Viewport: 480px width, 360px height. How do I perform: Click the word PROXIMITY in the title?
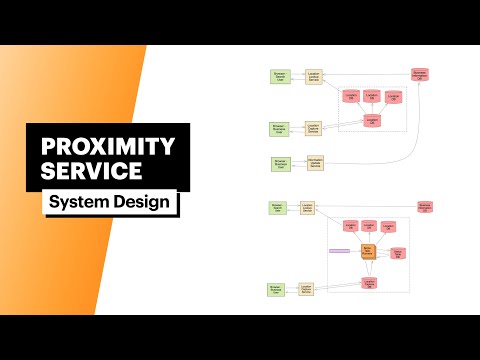pyautogui.click(x=107, y=146)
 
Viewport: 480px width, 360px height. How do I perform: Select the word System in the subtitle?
pyautogui.click(x=79, y=202)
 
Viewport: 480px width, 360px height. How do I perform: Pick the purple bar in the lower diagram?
pyautogui.click(x=338, y=250)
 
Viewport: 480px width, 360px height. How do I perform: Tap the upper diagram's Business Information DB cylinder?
pyautogui.click(x=420, y=75)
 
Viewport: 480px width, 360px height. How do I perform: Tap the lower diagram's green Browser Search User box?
pyautogui.click(x=278, y=209)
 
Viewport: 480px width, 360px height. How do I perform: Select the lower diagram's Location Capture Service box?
pyautogui.click(x=309, y=289)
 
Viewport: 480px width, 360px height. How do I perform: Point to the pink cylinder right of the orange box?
pyautogui.click(x=397, y=254)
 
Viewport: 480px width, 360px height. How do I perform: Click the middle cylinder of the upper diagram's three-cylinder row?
pyautogui.click(x=371, y=96)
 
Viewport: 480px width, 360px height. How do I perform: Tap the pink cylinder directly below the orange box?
pyautogui.click(x=369, y=284)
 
